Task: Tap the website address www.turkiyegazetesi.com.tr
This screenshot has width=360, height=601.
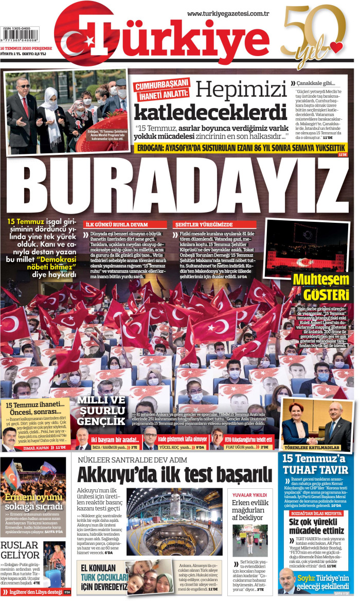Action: [x=228, y=14]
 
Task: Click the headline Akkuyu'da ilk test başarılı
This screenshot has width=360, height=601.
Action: [x=174, y=473]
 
